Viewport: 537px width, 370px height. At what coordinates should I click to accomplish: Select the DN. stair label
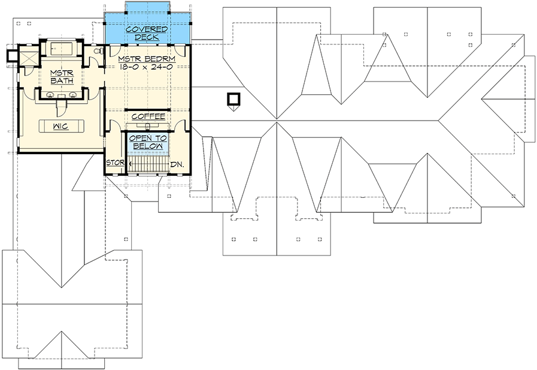tap(177, 164)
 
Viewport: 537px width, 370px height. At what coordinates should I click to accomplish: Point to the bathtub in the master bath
tap(59, 49)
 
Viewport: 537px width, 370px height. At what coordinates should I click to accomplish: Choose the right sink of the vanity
tap(72, 95)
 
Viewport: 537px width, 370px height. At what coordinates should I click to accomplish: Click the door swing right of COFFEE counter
tap(181, 125)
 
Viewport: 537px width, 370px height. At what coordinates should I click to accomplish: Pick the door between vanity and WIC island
tap(60, 107)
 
